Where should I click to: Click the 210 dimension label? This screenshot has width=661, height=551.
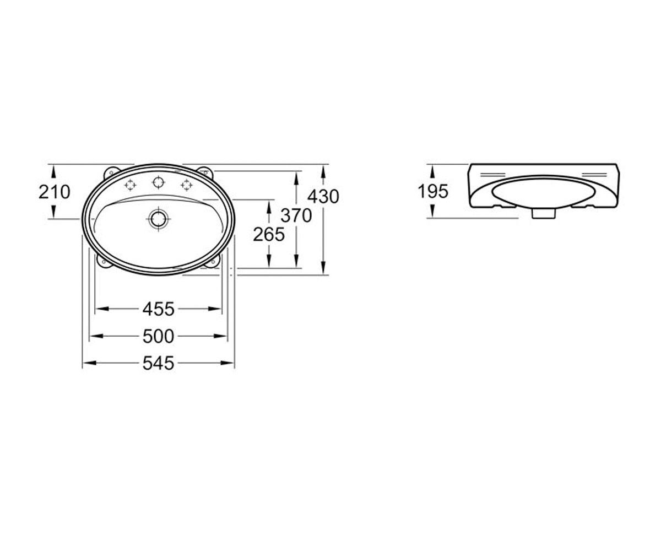tap(54, 192)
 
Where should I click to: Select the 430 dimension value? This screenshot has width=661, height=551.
tap(323, 196)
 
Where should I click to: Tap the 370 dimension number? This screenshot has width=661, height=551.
tap(296, 215)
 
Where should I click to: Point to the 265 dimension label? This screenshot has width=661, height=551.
tap(269, 235)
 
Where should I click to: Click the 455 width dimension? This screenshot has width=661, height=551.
tap(158, 309)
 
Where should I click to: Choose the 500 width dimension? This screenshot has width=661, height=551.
tap(158, 336)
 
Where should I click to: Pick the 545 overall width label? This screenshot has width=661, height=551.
tap(158, 363)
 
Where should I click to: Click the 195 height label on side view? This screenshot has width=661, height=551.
tap(433, 191)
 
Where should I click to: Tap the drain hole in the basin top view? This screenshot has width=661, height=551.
tap(158, 219)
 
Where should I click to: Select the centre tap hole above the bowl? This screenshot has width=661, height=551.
tap(158, 182)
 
